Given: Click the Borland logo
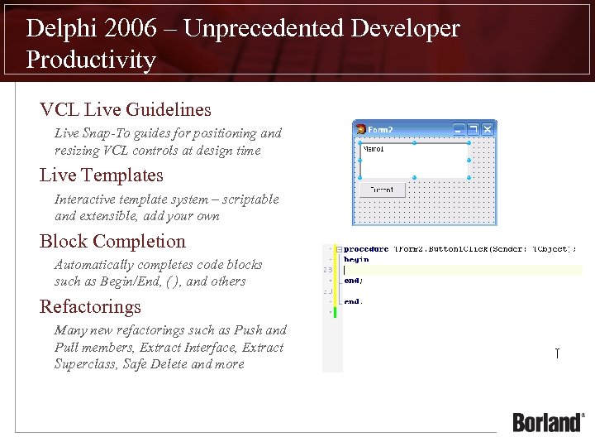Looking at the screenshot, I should (x=548, y=422).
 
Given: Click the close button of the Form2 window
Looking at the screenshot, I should (x=488, y=129).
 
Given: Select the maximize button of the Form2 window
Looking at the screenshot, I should (x=474, y=129).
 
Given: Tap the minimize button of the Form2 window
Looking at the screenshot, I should (x=459, y=129).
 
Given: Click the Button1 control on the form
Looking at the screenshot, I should (x=383, y=190).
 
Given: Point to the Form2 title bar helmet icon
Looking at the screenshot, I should (x=360, y=129).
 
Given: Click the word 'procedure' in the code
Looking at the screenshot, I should (x=366, y=248).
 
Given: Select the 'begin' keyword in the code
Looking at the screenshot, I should (x=356, y=259).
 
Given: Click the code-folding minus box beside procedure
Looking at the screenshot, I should (x=338, y=248).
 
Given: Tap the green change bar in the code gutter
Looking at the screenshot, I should (x=335, y=312).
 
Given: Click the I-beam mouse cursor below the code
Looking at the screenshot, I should (x=557, y=354).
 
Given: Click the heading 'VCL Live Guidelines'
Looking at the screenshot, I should (x=126, y=109).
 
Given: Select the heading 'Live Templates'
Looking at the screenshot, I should (x=102, y=175).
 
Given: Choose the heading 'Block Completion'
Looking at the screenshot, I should (x=113, y=242).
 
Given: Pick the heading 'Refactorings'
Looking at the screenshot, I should (x=91, y=307).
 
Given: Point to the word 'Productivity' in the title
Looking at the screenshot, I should (x=91, y=60).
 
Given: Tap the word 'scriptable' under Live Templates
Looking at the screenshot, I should (x=248, y=199).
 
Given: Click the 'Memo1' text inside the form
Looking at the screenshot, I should (x=375, y=150).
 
